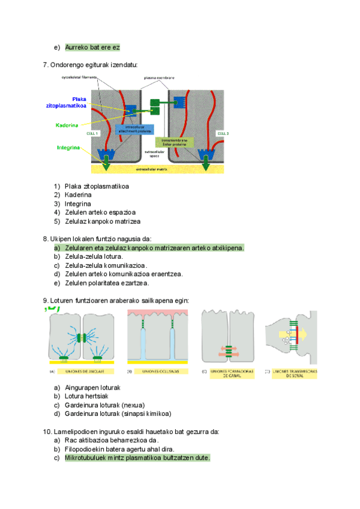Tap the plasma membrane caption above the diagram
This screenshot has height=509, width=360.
[x=159, y=78]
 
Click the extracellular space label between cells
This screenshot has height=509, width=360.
[x=155, y=154]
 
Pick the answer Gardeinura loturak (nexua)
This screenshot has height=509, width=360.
[x=104, y=405]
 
